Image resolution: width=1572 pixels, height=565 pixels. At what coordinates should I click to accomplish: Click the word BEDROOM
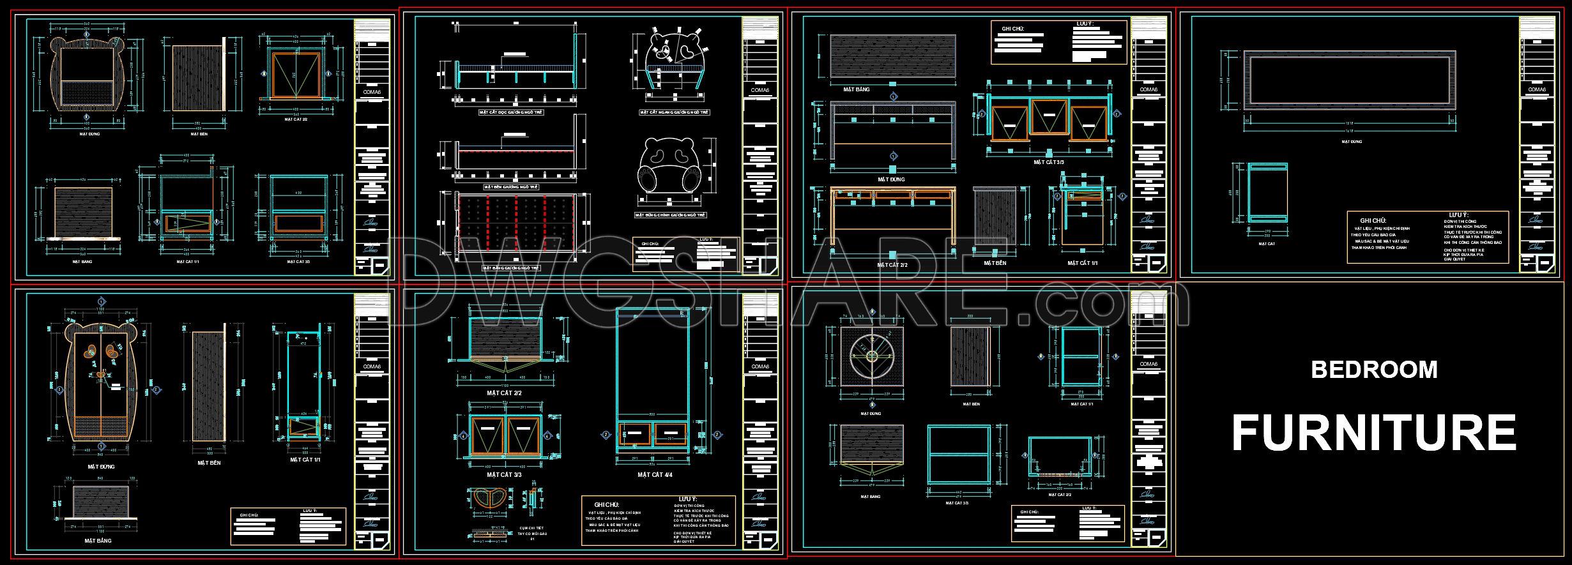click(x=1374, y=370)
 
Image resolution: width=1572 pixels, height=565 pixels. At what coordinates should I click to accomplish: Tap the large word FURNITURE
click(x=1373, y=433)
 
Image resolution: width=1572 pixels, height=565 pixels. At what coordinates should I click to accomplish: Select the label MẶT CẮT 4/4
click(x=655, y=475)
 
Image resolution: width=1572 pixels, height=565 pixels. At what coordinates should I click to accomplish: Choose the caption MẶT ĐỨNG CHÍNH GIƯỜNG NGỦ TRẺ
click(x=670, y=216)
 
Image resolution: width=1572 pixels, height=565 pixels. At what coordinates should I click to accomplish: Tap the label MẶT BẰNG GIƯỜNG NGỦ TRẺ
click(x=511, y=268)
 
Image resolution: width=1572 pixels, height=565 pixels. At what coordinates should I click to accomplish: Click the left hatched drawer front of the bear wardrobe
click(x=88, y=426)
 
